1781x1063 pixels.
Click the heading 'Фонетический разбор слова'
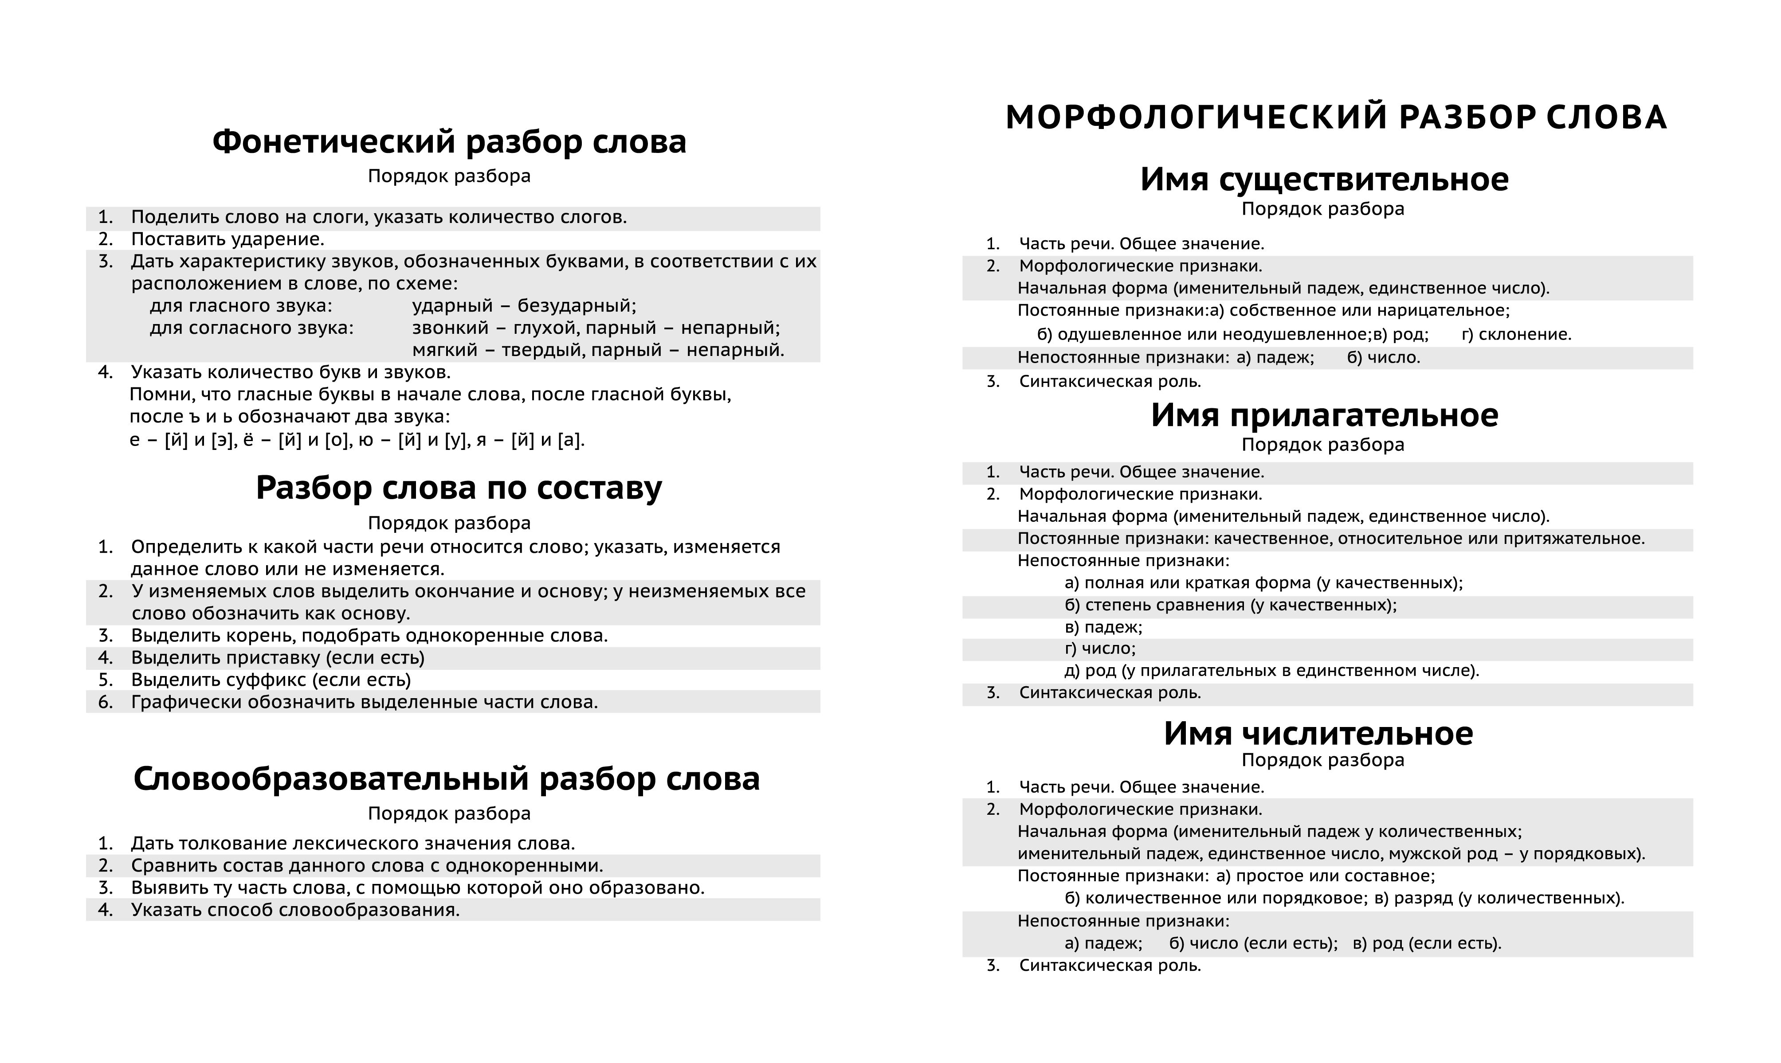click(449, 142)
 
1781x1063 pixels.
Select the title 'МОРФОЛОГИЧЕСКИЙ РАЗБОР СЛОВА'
click(1336, 117)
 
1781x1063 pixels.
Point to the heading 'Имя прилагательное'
click(1324, 415)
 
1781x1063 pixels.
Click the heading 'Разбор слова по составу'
click(459, 488)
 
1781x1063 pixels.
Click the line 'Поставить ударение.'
click(228, 239)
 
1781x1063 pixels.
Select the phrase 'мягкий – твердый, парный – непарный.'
click(598, 350)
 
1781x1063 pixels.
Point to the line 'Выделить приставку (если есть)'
click(278, 657)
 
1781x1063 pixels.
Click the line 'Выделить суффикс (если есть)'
click(271, 680)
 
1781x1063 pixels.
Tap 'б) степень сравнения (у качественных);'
click(1231, 605)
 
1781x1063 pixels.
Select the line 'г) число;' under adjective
click(1100, 649)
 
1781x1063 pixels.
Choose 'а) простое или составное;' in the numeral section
click(1326, 876)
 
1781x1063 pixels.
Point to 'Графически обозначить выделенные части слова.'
click(364, 702)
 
